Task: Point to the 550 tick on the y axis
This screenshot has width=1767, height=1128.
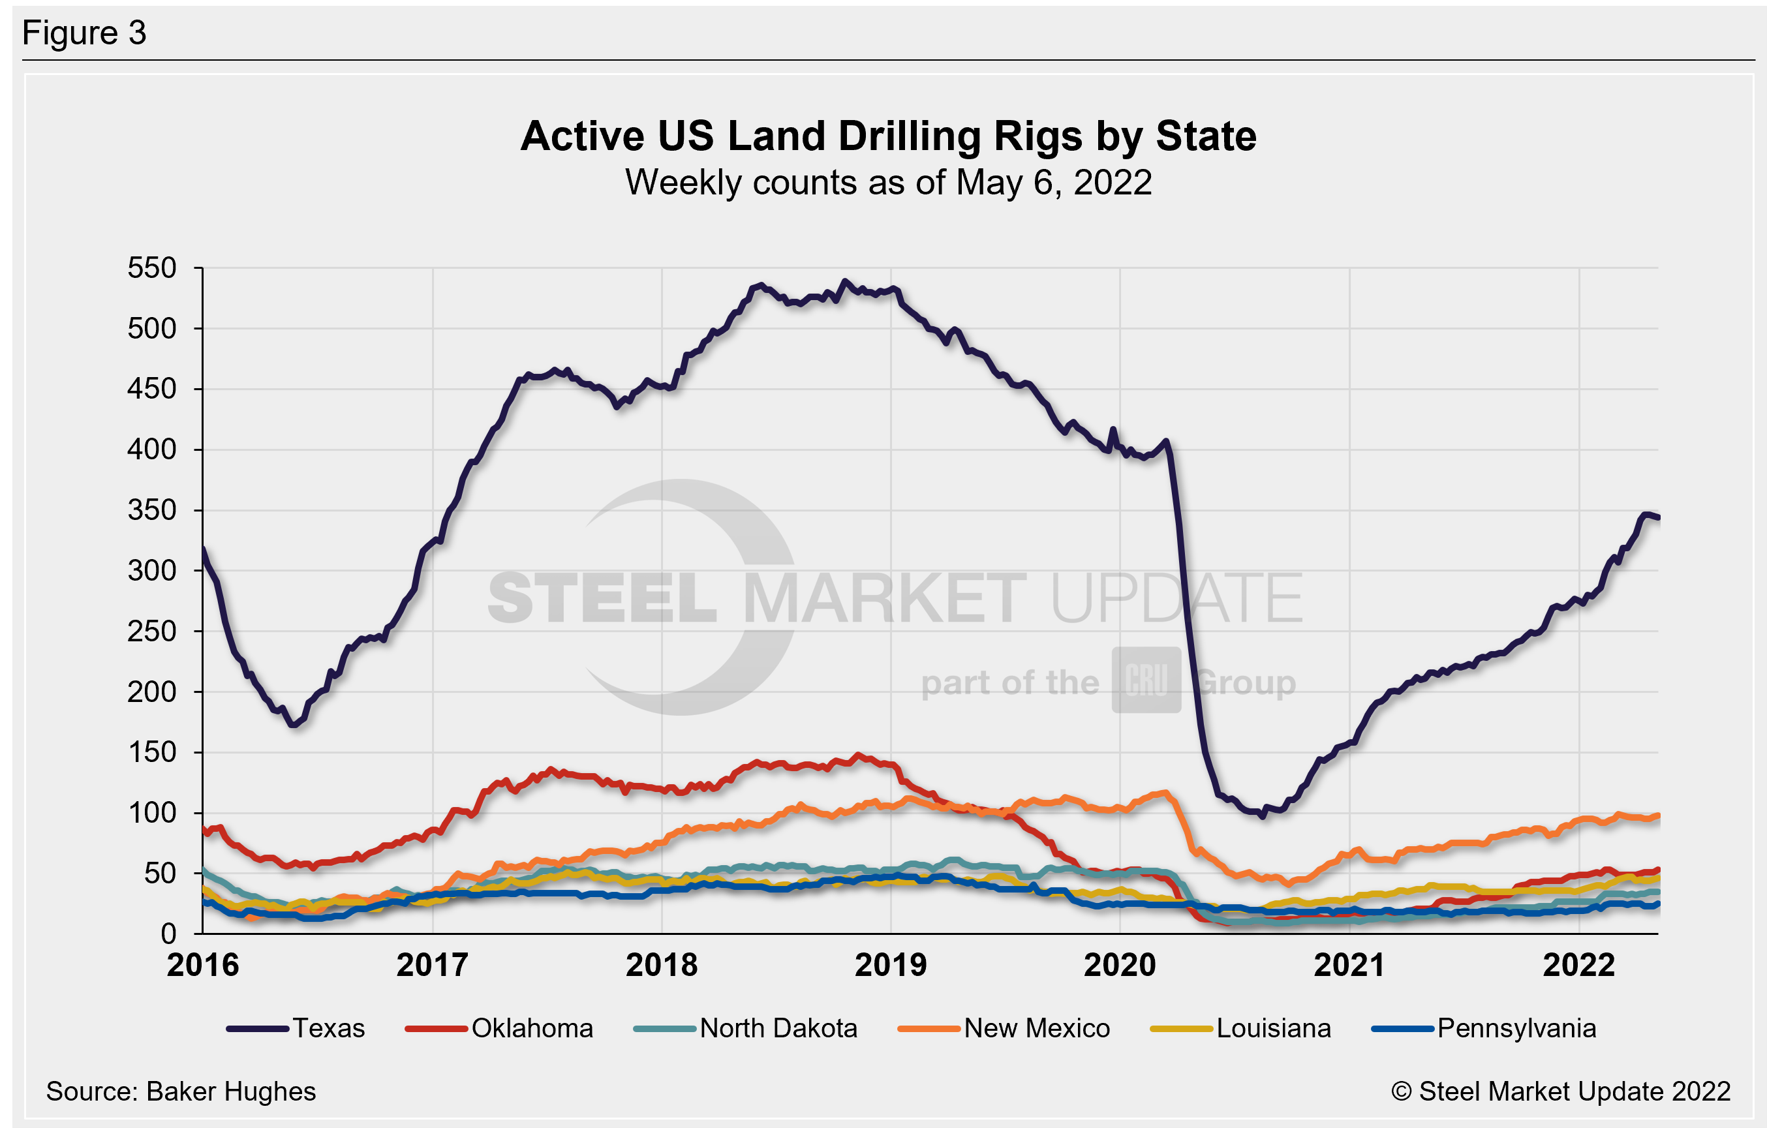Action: click(152, 268)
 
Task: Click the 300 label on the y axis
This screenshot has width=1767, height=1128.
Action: click(152, 570)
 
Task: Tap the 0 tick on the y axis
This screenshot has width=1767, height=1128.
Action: click(169, 934)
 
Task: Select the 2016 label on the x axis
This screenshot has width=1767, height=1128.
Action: click(204, 965)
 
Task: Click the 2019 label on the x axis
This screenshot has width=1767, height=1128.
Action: click(891, 965)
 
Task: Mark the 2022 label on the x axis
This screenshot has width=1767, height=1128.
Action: click(1578, 965)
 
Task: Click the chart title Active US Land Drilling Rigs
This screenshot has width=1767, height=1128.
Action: click(888, 136)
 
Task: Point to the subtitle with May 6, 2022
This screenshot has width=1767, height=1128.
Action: click(888, 182)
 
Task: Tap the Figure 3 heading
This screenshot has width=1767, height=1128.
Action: click(84, 33)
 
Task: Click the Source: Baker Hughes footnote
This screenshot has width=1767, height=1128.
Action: click(181, 1091)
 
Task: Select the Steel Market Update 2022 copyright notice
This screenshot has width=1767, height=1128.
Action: click(1560, 1091)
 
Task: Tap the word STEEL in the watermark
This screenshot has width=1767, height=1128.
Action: click(602, 599)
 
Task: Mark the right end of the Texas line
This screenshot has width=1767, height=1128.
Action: click(1657, 518)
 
